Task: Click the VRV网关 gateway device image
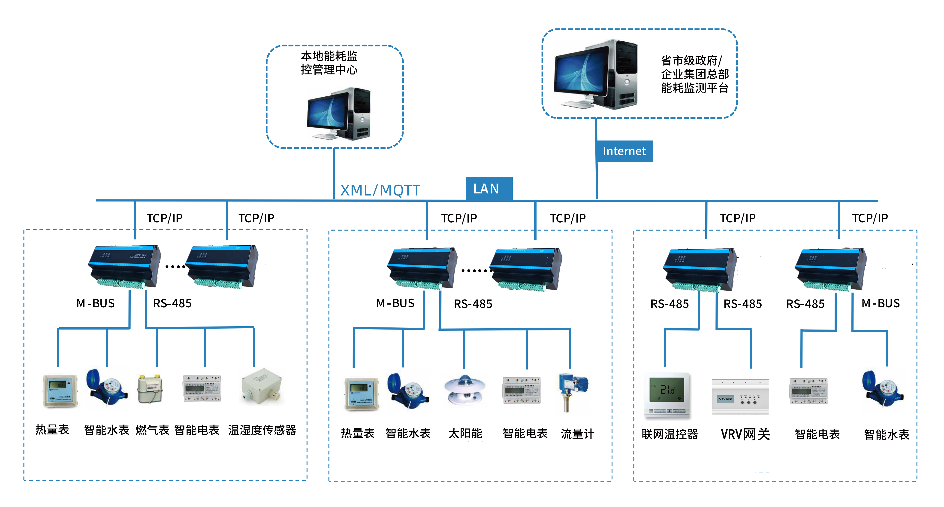740,397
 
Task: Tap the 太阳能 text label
465,434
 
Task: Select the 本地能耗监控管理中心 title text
329,63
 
